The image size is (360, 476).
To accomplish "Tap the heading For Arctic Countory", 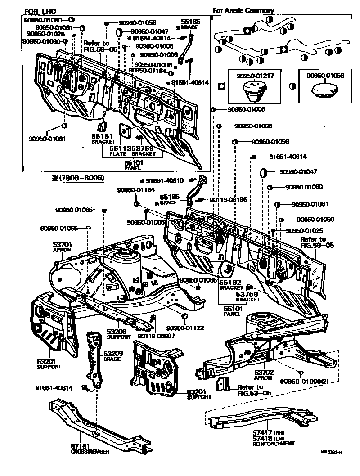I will [243, 11].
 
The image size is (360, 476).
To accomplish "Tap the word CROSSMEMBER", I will [90, 451].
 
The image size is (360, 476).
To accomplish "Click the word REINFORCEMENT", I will [273, 444].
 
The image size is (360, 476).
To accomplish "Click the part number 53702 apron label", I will [263, 373].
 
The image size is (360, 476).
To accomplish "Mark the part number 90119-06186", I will [228, 199].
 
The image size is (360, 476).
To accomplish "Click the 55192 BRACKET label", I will [230, 284].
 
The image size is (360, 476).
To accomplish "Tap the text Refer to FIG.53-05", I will [250, 390].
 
